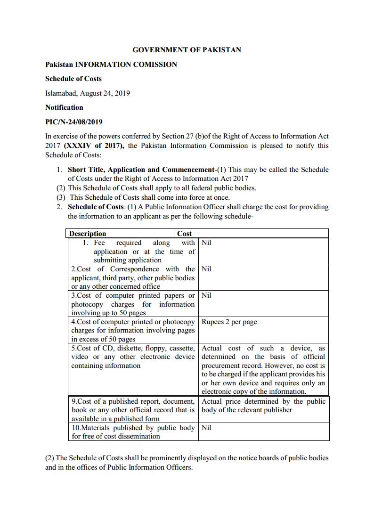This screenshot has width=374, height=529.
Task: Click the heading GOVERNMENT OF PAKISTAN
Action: point(187,50)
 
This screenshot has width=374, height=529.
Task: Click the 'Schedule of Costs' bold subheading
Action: point(73,79)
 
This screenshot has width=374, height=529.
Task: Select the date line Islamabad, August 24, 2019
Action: point(88,93)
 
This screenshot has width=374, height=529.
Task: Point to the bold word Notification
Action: point(64,107)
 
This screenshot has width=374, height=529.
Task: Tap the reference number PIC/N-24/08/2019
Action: point(74,122)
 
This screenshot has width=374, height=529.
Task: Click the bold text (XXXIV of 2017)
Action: point(94,146)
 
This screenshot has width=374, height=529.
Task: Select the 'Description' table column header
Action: point(88,234)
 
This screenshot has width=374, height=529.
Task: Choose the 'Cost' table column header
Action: point(185,234)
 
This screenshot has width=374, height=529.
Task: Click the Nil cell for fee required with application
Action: point(206,243)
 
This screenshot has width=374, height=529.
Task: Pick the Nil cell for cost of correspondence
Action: point(206,269)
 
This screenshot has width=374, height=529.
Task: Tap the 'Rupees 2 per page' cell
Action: point(229,322)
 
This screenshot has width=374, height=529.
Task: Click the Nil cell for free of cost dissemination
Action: point(206,428)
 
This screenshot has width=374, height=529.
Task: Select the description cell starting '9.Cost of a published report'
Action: point(133,410)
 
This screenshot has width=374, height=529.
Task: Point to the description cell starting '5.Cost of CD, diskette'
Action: point(133,357)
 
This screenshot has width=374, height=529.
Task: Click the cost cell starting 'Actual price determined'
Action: point(263,406)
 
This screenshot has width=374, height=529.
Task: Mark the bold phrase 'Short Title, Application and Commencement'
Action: point(141,170)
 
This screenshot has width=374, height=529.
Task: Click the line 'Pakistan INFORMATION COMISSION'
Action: point(111,65)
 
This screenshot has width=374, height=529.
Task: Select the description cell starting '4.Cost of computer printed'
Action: point(133,330)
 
